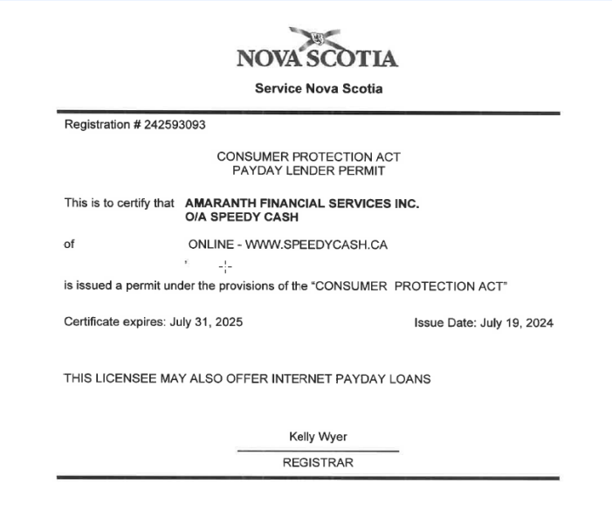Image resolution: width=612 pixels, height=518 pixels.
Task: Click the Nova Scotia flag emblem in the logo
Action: pos(318,38)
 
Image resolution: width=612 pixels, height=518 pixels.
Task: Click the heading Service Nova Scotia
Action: pos(318,88)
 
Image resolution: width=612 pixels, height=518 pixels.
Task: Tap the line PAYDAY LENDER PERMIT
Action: pos(308,170)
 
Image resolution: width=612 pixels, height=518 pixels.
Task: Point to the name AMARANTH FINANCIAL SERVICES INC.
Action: pos(302,203)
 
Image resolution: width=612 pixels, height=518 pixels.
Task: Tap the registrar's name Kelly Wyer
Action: pos(318,437)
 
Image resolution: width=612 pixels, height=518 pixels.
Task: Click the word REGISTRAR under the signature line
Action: pos(318,463)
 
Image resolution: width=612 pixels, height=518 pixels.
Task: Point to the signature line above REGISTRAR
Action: pos(318,451)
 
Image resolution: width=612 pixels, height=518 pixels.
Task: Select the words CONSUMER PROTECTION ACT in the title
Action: pos(308,156)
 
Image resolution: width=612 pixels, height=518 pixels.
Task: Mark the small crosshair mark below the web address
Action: pos(225,266)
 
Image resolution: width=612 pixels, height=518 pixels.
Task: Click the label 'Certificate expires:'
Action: pos(113,322)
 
